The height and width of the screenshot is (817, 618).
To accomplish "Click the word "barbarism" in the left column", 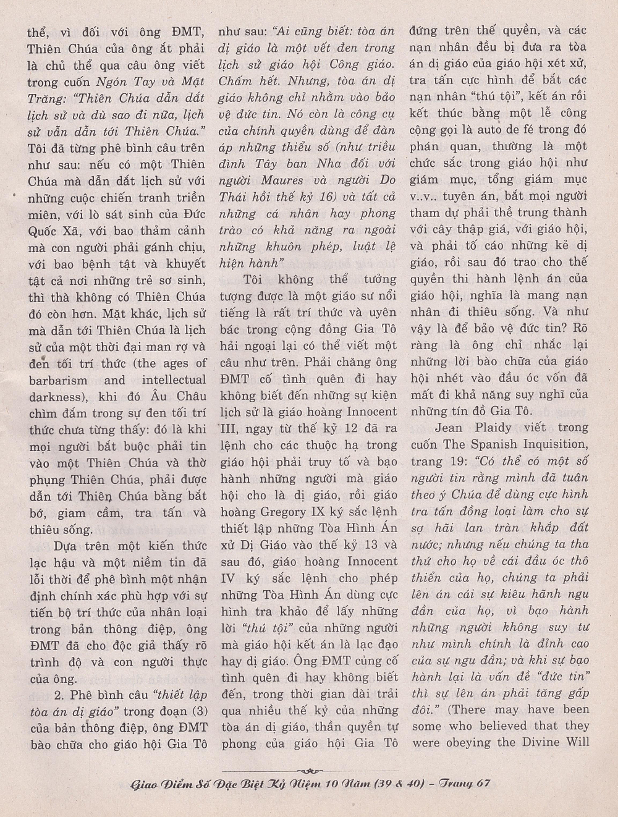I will pos(58,380).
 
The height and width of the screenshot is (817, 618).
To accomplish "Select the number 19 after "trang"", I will pos(453,460).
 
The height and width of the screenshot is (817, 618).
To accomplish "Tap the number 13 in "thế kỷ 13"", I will pos(367,545).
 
